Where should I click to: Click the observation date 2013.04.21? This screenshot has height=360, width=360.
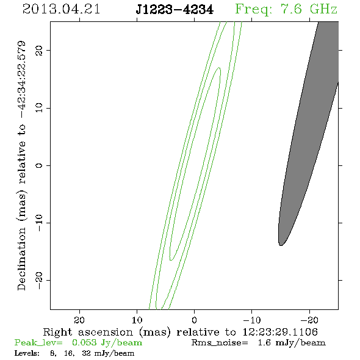click(x=61, y=9)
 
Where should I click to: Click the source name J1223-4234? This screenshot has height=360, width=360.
click(x=175, y=10)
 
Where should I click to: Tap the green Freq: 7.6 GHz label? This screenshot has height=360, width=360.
click(x=286, y=10)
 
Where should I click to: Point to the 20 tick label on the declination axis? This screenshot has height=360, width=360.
click(x=38, y=50)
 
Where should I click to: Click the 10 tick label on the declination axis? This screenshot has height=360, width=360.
click(x=38, y=107)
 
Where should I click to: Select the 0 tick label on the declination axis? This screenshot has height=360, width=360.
click(x=38, y=165)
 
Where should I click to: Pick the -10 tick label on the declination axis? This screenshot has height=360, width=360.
click(x=38, y=223)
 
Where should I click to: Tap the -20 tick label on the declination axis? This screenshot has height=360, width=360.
click(x=38, y=280)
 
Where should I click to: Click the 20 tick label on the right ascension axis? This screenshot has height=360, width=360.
click(x=79, y=320)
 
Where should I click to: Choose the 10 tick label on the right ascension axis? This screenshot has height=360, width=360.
click(x=137, y=320)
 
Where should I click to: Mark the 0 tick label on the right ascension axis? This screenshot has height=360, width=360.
click(x=194, y=320)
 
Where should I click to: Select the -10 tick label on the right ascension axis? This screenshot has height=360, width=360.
click(x=252, y=320)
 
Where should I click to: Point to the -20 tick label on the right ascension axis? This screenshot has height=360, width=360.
click(x=309, y=320)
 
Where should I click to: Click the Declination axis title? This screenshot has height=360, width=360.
click(x=21, y=165)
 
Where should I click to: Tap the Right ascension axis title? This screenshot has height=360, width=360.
click(x=180, y=332)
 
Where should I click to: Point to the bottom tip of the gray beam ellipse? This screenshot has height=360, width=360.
click(x=281, y=246)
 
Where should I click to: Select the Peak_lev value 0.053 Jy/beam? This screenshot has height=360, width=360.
click(x=107, y=343)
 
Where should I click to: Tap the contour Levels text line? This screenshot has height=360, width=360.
click(x=74, y=353)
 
